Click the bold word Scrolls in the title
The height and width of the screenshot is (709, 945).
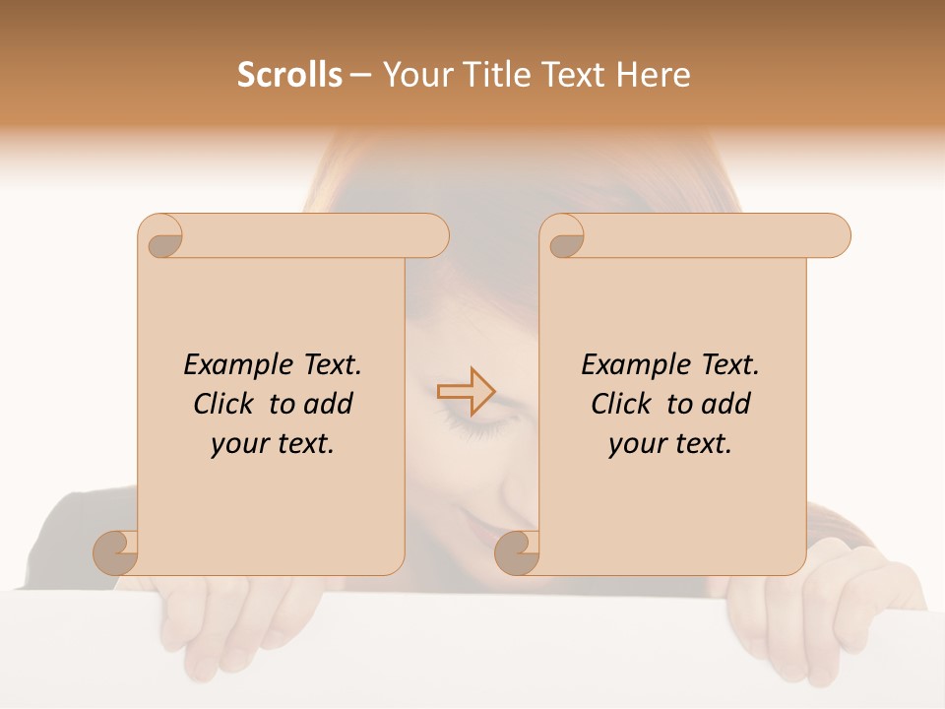(289, 75)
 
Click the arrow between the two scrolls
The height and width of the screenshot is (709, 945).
(466, 391)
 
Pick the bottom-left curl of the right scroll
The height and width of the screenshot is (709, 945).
(517, 552)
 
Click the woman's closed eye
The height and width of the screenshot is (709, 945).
(473, 425)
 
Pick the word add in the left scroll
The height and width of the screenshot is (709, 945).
(329, 404)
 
